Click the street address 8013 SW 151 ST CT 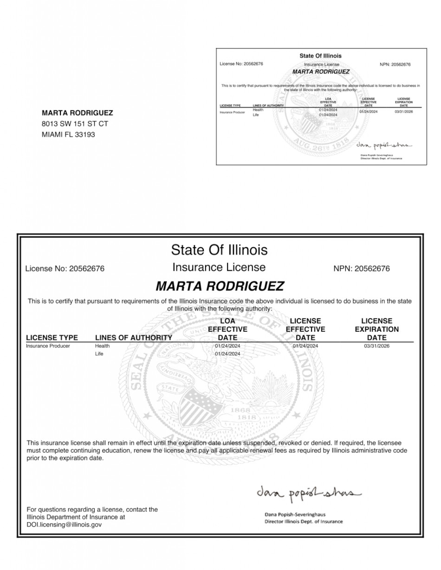point(75,124)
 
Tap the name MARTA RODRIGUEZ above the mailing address point(77,113)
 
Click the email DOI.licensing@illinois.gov point(64,525)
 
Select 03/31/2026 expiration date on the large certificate point(376,346)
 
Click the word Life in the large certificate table point(99,354)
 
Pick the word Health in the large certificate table point(102,346)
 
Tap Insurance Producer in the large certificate point(48,346)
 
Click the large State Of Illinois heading point(219,250)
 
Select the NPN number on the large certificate point(362,269)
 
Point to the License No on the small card point(241,64)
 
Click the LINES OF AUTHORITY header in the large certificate point(133,338)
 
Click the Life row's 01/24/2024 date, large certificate point(227,354)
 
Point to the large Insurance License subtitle point(219,267)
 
